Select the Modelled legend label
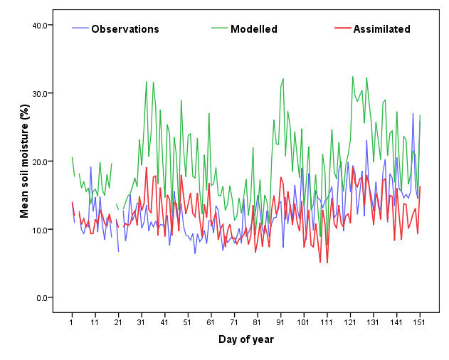254,29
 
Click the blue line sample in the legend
80,29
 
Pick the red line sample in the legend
342,29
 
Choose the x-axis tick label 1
72,323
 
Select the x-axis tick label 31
141,323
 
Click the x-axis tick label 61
211,323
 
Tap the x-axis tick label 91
280,323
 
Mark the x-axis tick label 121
350,323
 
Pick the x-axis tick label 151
420,323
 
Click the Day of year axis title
245,339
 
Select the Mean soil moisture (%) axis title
24,162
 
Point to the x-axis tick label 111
327,323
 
